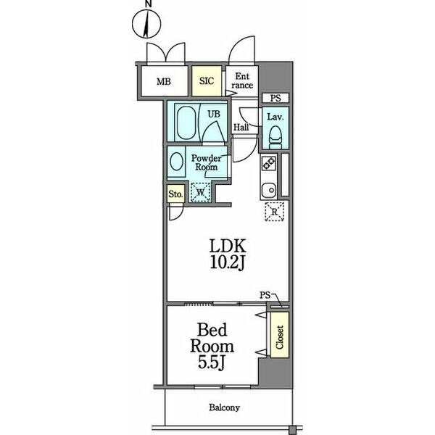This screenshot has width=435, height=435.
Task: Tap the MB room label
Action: pyautogui.click(x=164, y=82)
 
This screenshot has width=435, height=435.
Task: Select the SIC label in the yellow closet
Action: pyautogui.click(x=207, y=81)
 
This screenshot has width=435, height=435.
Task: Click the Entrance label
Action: pyautogui.click(x=242, y=80)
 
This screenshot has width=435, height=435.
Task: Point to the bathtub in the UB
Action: pyautogui.click(x=186, y=123)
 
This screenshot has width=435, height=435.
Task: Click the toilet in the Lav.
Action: pyautogui.click(x=275, y=137)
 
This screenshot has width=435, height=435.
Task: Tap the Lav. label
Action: pyautogui.click(x=275, y=117)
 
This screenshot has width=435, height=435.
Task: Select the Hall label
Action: pyautogui.click(x=241, y=128)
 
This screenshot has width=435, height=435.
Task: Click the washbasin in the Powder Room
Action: pyautogui.click(x=176, y=162)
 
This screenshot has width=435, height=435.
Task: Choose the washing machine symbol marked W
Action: pyautogui.click(x=200, y=192)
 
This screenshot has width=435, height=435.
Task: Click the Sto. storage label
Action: pyautogui.click(x=175, y=194)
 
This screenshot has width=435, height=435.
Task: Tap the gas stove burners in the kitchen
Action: pyautogui.click(x=269, y=163)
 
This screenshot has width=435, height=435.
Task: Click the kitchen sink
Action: pyautogui.click(x=269, y=190)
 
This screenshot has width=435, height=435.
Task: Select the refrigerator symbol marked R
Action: pyautogui.click(x=274, y=212)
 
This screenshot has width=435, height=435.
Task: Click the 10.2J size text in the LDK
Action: pyautogui.click(x=228, y=262)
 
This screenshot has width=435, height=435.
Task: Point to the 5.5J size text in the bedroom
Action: pyautogui.click(x=211, y=362)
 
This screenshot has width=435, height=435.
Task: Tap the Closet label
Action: pyautogui.click(x=279, y=337)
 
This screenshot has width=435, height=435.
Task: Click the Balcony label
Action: pyautogui.click(x=225, y=407)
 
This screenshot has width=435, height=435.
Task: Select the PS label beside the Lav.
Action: pyautogui.click(x=275, y=98)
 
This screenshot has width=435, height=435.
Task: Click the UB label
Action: pyautogui.click(x=214, y=114)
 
